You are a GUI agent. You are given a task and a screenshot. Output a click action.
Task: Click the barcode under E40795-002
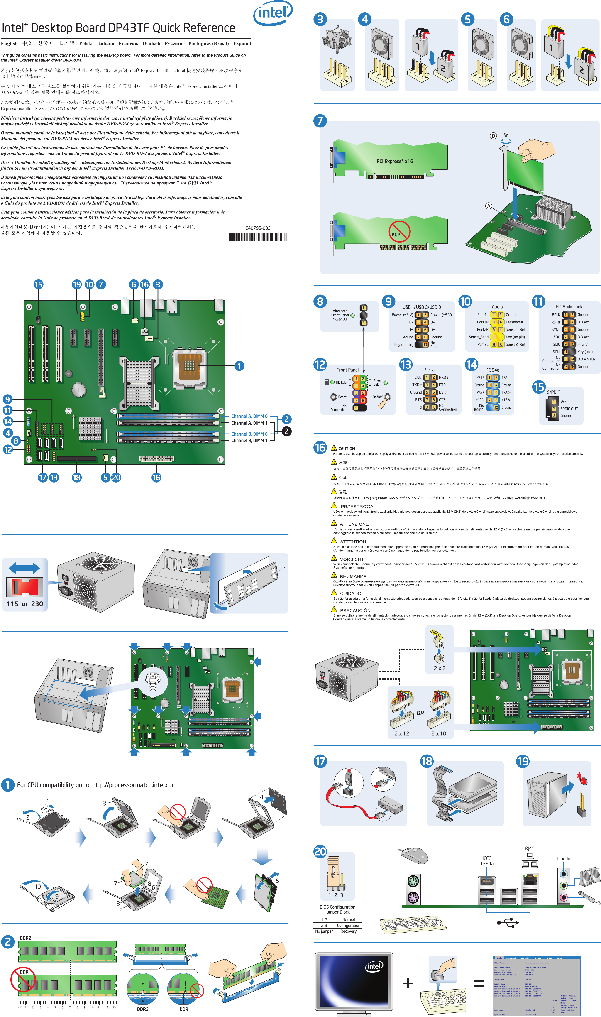pos(258,237)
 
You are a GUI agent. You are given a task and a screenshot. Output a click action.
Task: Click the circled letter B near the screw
pos(493,136)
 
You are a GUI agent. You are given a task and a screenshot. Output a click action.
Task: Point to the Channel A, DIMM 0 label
pos(249,416)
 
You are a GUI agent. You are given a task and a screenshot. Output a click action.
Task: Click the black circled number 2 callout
pos(286,431)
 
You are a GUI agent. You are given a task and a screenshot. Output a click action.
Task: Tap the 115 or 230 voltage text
pos(25,604)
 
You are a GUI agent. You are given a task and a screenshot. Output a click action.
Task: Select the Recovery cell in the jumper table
pos(348,931)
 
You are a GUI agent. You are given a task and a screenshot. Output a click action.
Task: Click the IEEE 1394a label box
pos(486,861)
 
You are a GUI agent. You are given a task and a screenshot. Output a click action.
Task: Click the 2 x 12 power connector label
pos(401,733)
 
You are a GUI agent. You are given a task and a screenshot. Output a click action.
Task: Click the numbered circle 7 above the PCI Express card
pos(320,121)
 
